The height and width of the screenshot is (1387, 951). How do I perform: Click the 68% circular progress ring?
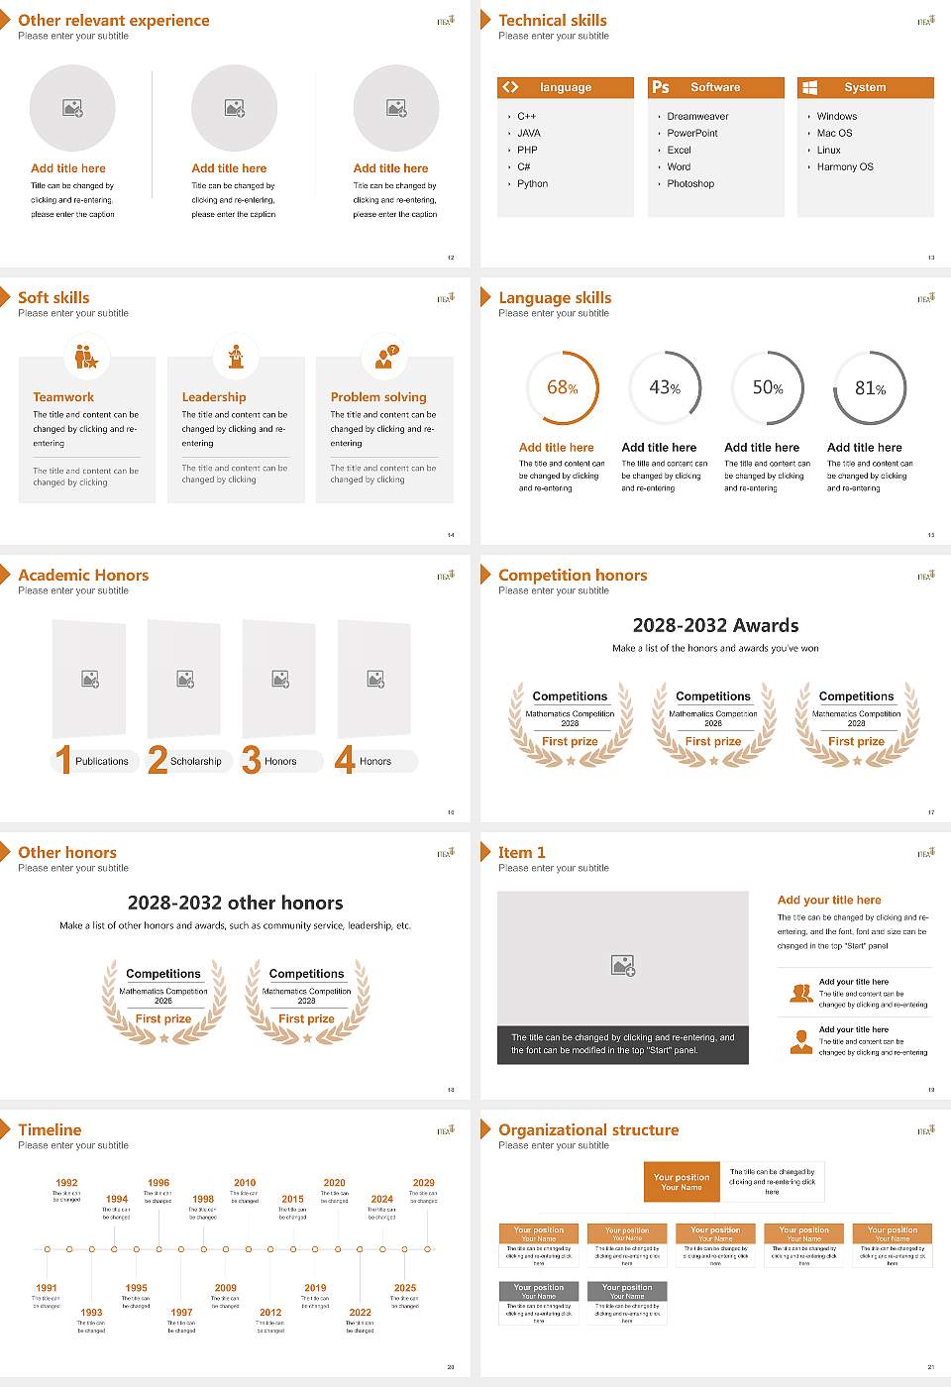pyautogui.click(x=562, y=388)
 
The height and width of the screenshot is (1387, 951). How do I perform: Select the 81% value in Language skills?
pyautogui.click(x=870, y=388)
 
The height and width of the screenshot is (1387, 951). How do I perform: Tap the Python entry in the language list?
pyautogui.click(x=532, y=183)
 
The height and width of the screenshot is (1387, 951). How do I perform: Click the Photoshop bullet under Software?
pyautogui.click(x=689, y=183)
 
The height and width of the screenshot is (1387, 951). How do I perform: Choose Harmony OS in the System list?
pyautogui.click(x=845, y=166)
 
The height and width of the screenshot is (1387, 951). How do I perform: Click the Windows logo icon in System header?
pyautogui.click(x=809, y=87)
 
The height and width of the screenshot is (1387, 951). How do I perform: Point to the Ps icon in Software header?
pyautogui.click(x=661, y=87)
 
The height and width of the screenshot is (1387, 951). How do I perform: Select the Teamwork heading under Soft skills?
pyautogui.click(x=63, y=396)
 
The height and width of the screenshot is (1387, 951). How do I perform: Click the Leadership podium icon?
pyautogui.click(x=236, y=356)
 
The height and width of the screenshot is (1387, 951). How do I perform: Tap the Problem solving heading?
pyautogui.click(x=378, y=396)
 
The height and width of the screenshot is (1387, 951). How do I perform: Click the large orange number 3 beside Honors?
pyautogui.click(x=252, y=760)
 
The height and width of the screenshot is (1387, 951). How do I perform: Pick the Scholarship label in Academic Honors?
pyautogui.click(x=195, y=761)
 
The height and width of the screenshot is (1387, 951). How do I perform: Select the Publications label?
pyautogui.click(x=102, y=761)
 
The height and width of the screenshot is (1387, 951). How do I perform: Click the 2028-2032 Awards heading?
pyautogui.click(x=715, y=625)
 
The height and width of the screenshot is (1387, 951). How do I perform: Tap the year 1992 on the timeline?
pyautogui.click(x=66, y=1182)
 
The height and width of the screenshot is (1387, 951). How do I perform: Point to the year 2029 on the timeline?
pyautogui.click(x=423, y=1182)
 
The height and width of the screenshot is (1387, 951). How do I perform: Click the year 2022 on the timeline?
pyautogui.click(x=360, y=1312)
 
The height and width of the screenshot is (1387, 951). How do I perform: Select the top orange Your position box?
pyautogui.click(x=682, y=1182)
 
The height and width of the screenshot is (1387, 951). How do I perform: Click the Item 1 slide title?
pyautogui.click(x=521, y=852)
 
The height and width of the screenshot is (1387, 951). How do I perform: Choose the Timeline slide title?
pyautogui.click(x=50, y=1129)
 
